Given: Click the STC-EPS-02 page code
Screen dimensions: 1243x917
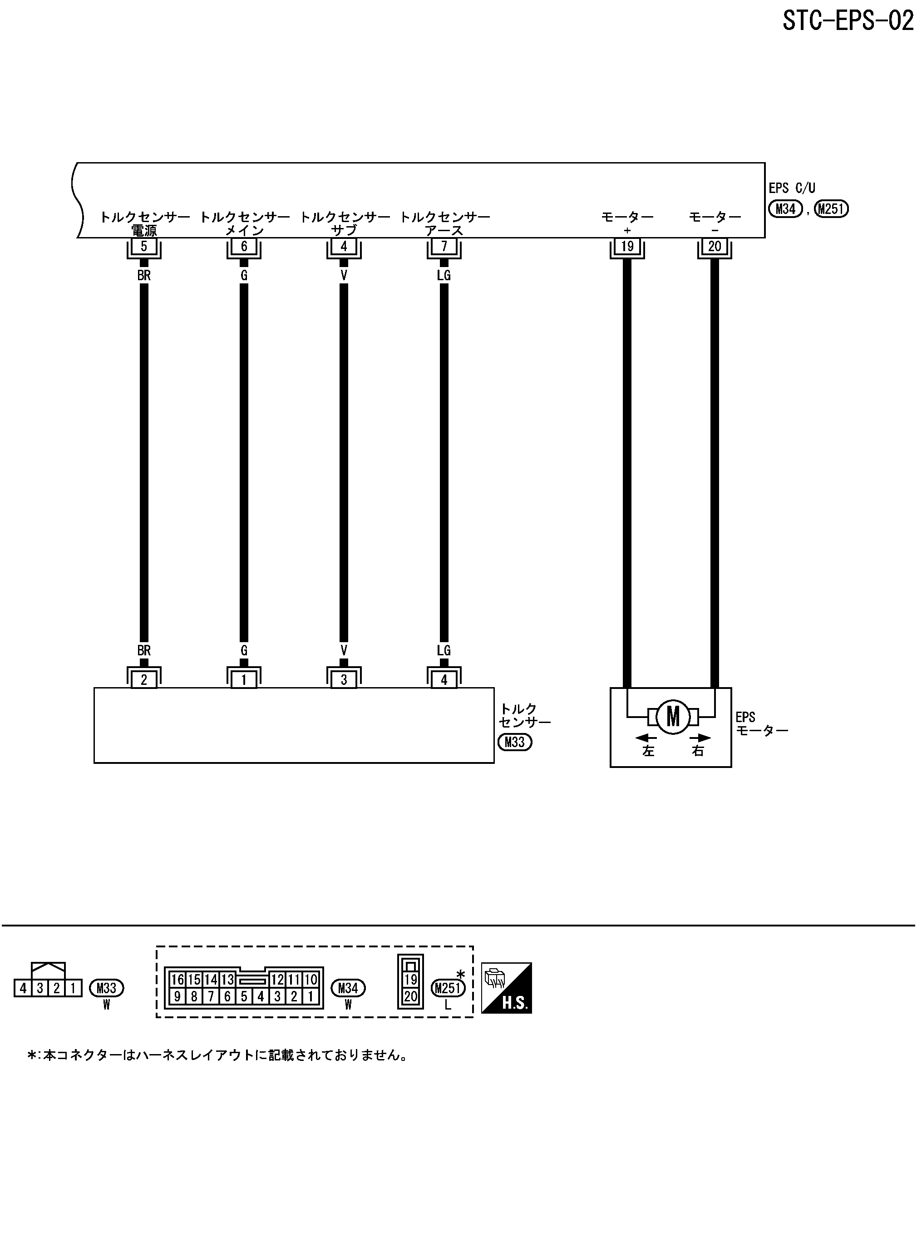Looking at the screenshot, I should pos(848,21).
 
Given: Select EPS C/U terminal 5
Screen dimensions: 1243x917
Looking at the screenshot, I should pos(144,246).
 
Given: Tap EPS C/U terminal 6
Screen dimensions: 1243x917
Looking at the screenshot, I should pos(244,246).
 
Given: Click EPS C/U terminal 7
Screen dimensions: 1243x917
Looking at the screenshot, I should pos(444,246).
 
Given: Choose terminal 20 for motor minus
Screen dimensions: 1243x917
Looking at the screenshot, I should pos(715,246).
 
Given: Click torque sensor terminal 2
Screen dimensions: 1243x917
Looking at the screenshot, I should pos(144,679).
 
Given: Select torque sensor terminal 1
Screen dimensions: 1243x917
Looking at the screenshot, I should pos(244,679).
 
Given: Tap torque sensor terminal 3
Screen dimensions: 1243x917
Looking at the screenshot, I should pos(344,679).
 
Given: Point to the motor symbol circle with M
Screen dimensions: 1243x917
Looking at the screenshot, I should pos(673,717).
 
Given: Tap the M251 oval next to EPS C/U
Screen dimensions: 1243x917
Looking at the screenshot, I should pos(831,209).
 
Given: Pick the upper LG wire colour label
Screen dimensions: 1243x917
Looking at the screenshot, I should pos(444,275).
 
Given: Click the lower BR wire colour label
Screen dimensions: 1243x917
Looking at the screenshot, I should pos(144,650).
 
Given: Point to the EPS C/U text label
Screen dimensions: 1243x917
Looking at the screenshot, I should pos(792,188).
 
